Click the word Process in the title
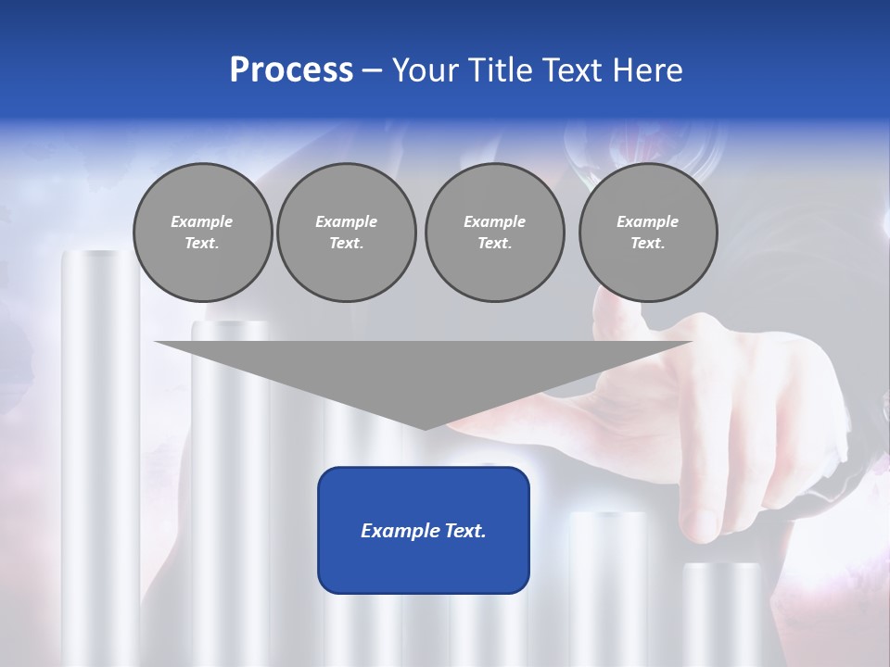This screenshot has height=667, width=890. click(x=291, y=70)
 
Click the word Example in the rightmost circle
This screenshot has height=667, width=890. click(x=647, y=221)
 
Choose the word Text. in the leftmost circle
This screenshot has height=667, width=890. click(x=201, y=244)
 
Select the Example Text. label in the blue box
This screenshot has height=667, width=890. click(x=424, y=531)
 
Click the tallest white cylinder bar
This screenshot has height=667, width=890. click(x=100, y=463)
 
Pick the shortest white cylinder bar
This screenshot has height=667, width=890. click(x=721, y=611)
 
